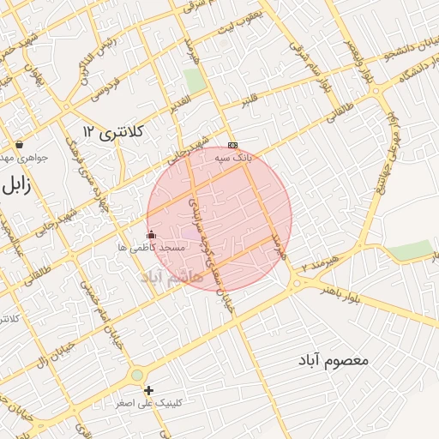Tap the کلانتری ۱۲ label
116,131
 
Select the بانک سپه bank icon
232,145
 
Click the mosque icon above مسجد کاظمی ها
152,234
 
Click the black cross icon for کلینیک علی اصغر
149,390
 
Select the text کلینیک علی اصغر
148,403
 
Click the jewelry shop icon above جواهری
19,144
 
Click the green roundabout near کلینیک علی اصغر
136,376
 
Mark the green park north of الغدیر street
195,81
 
